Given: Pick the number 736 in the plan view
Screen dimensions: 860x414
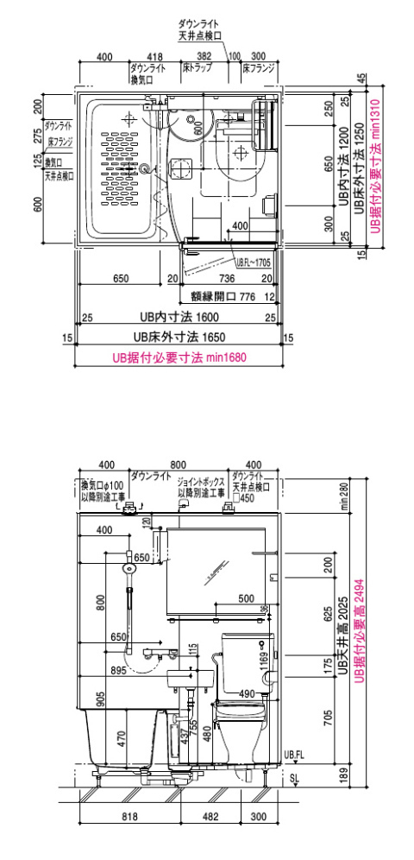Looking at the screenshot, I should pos(224,278).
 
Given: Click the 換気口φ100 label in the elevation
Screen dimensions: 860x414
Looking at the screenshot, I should pos(102,484).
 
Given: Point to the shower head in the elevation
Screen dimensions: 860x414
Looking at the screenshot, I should pos(130,569).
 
